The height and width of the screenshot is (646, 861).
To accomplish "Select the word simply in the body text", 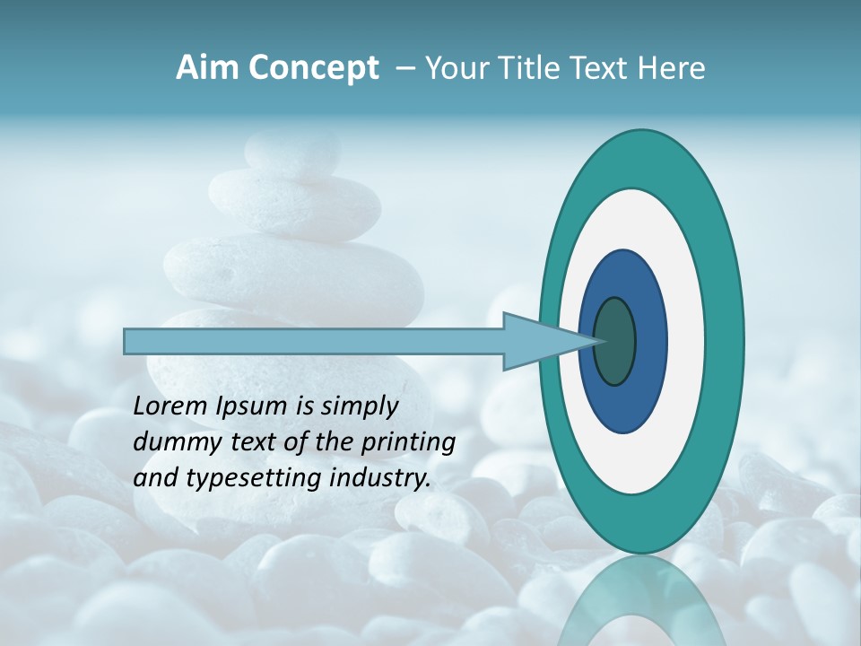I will pyautogui.click(x=358, y=407).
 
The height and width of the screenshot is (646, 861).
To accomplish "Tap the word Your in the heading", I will pyautogui.click(x=453, y=68).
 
